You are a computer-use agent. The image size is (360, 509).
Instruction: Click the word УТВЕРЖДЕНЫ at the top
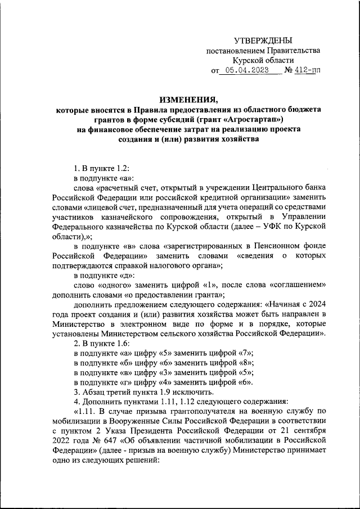pyautogui.click(x=263, y=40)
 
